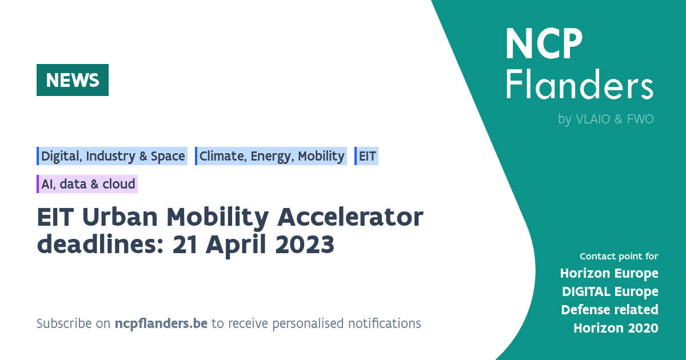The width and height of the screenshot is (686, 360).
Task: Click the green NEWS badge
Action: point(73,80)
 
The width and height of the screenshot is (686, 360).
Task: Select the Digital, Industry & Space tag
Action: point(113,156)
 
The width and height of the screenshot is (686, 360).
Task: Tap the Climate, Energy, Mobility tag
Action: point(271,156)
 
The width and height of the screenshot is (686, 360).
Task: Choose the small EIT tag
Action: point(367,156)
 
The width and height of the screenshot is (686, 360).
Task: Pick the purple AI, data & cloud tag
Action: point(87,184)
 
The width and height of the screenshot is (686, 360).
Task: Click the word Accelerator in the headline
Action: point(350,218)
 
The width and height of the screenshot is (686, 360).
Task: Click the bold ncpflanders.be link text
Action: point(161,323)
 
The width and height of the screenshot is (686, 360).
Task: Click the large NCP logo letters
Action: point(544,44)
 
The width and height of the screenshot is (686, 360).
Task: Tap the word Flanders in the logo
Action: point(579,86)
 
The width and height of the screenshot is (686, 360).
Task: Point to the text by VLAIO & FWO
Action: point(605,119)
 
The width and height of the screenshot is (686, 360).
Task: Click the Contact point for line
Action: point(619,256)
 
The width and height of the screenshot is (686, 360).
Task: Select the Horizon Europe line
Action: point(609,273)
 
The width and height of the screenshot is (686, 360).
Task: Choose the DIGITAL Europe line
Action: point(609,291)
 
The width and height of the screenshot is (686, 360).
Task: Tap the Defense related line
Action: point(609,310)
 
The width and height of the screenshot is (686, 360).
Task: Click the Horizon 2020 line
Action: point(616,328)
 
